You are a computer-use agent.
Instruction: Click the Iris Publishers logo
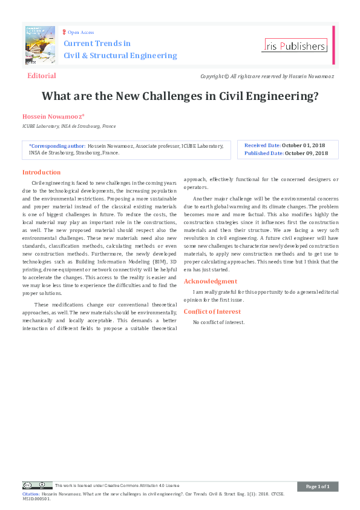coord(295,45)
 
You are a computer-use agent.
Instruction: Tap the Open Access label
coord(80,32)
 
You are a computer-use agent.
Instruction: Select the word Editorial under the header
coord(42,76)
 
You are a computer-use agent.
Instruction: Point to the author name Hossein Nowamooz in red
coord(53,116)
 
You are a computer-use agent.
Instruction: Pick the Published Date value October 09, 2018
coord(306,153)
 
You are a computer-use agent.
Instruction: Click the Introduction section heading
coord(41,172)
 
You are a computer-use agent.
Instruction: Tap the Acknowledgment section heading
coord(211,281)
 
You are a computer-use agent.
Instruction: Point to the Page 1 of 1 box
coord(317,486)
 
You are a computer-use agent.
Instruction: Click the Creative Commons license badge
coord(37,485)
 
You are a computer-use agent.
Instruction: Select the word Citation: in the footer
coord(31,494)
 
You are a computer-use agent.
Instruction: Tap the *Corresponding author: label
coord(57,146)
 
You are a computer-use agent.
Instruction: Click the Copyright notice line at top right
coord(267,77)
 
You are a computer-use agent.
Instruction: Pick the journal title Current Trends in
coord(97,44)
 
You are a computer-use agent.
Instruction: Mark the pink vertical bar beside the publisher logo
coord(333,45)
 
